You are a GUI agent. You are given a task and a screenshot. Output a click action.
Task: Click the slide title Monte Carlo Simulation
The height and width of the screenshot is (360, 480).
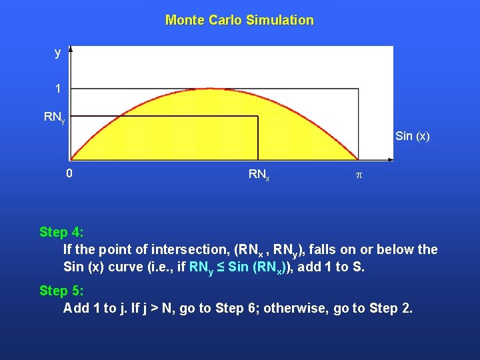click(x=239, y=20)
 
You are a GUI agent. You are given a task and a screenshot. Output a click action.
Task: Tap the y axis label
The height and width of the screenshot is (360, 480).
click(x=58, y=52)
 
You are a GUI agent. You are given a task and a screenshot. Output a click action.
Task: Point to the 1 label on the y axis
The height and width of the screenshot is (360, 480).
click(x=59, y=89)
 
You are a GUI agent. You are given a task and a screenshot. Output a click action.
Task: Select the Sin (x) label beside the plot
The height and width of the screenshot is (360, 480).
click(x=412, y=137)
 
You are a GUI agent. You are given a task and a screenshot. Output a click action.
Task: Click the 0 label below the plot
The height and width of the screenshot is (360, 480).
click(x=69, y=174)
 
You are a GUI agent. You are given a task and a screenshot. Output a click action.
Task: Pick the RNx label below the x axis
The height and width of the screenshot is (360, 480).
click(x=259, y=175)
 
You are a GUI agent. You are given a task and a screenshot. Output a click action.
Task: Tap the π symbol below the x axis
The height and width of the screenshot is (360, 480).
click(x=359, y=175)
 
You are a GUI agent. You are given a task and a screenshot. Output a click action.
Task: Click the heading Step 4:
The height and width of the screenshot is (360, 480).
click(x=61, y=232)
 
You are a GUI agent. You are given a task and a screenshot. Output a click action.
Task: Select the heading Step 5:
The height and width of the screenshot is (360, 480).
click(x=61, y=291)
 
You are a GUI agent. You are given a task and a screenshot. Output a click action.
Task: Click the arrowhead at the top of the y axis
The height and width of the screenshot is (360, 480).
click(x=71, y=49)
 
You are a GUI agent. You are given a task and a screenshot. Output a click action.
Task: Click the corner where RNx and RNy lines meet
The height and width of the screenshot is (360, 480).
click(x=258, y=117)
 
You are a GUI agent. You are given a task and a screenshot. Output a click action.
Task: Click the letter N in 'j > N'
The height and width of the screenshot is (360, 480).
click(x=172, y=308)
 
